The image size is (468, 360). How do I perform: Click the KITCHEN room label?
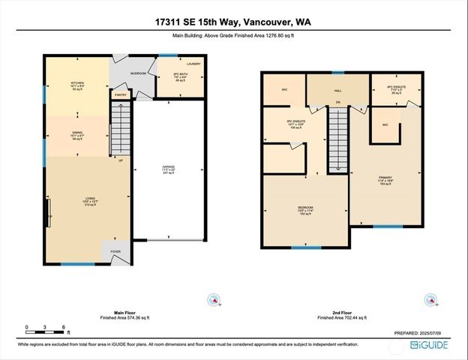coord(78,82)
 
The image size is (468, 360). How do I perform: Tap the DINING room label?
coord(77,131)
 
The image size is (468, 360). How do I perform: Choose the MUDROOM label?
coord(137,73)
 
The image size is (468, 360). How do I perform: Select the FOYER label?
coord(115,252)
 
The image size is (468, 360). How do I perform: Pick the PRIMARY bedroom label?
coord(385,178)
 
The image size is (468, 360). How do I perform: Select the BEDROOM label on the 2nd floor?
coord(305,208)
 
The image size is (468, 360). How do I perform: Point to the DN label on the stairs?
coord(338,102)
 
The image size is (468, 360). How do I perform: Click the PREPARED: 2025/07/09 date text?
coord(423,333)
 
